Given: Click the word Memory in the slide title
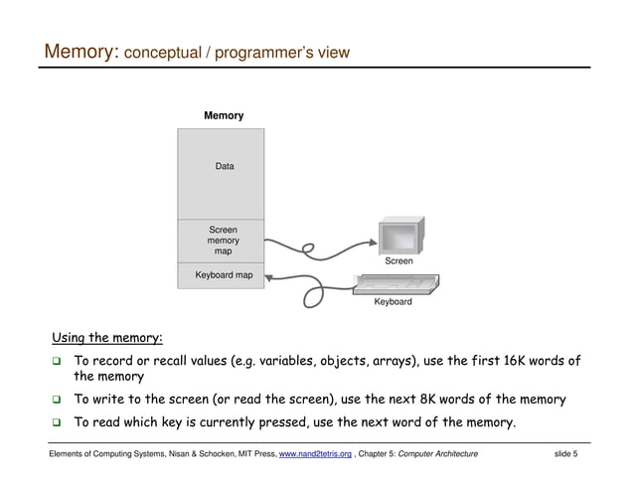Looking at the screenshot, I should point(79,51).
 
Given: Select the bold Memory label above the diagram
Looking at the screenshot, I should point(224,116).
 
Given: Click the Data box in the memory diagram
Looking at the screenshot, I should point(225,167).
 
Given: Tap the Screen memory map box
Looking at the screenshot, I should point(223,241).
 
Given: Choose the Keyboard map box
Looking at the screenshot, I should point(223,275).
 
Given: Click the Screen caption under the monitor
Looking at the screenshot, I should point(398,261).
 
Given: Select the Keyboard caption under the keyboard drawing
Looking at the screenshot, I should point(393,301).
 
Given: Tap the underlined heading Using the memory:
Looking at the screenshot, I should point(107,338).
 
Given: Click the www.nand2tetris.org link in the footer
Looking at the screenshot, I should point(315,454).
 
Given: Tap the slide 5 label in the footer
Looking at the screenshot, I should point(565,454).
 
